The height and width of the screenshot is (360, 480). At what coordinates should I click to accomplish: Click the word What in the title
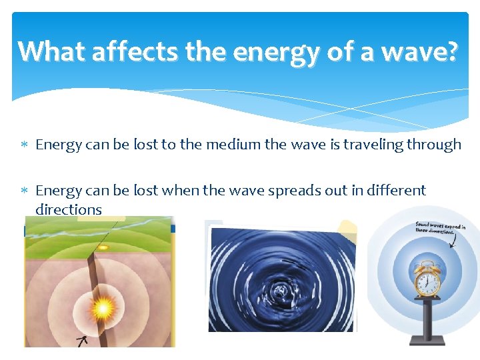pos(51,51)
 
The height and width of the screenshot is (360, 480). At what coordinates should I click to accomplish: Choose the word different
pos(394,191)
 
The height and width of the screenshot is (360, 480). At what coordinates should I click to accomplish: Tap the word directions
pos(69,209)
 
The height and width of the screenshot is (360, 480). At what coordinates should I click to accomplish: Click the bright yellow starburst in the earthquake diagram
pos(102,309)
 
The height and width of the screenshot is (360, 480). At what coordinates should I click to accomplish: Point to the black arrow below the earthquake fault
pos(83,341)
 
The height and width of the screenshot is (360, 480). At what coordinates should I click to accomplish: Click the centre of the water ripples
pos(282,290)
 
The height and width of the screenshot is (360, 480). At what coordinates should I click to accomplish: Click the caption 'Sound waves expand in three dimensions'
pos(440,229)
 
